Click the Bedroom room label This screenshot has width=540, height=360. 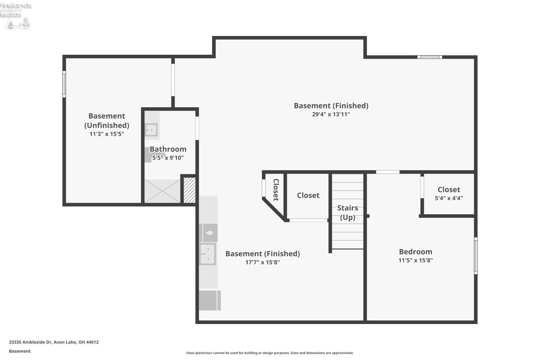coord(415,252)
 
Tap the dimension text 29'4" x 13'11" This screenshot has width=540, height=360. coord(331,114)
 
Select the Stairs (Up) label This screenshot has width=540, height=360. coord(347,212)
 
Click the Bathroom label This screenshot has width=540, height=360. coord(168,149)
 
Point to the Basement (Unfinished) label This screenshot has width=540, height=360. coord(107,121)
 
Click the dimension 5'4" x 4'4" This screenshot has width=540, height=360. coord(449,198)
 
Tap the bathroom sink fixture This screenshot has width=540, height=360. coord(151,130)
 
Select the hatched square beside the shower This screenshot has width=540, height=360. coord(190,190)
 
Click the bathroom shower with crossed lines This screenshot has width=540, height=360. coord(162,191)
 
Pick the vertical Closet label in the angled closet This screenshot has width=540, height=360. coord(276,190)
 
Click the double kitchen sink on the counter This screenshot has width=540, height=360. coord(208,254)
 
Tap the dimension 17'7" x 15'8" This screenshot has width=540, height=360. coord(262,262)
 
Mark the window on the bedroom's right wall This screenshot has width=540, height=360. coord(476,256)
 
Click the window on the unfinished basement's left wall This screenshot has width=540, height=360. coord(64,84)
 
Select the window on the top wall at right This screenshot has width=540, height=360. coord(429,57)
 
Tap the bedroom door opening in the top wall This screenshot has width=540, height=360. coord(388,172)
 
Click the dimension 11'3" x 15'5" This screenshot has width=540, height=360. coord(107,134)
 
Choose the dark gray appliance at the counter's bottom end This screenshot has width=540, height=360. coord(210,300)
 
